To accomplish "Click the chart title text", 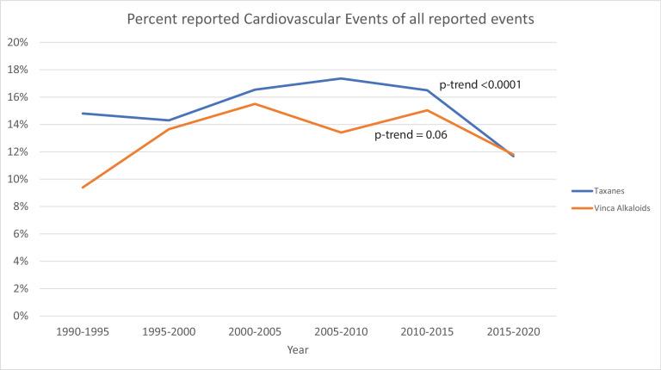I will click(x=330, y=19).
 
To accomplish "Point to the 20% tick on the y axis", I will click(x=18, y=42).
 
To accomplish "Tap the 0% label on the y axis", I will click(x=21, y=316).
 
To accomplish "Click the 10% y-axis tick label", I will click(x=18, y=179).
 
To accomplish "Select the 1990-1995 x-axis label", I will click(x=82, y=332).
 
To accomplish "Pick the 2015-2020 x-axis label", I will click(x=514, y=332).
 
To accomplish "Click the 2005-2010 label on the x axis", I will click(x=341, y=332).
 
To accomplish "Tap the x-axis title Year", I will click(x=298, y=350).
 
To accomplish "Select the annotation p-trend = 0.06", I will click(x=411, y=136).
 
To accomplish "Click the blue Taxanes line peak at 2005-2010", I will click(x=341, y=78).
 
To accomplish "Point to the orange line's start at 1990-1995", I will click(x=82, y=188).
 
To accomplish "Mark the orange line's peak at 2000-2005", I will click(x=255, y=104).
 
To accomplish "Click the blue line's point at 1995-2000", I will click(x=169, y=120).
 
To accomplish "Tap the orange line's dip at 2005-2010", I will click(x=341, y=133).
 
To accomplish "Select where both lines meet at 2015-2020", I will click(x=514, y=156).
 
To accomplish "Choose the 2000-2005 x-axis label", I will click(x=255, y=332).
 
